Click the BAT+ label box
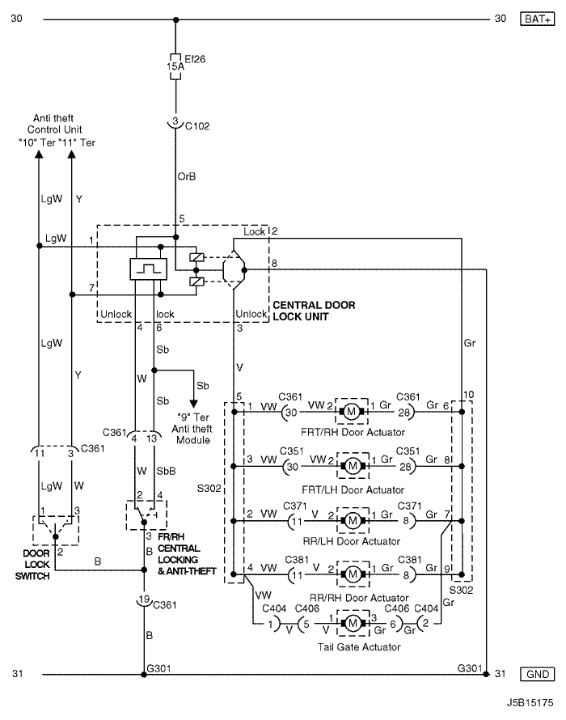tap(537, 19)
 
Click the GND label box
tap(537, 674)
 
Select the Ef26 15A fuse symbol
tap(175, 66)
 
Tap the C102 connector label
tap(197, 126)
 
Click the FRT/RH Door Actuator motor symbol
tap(351, 412)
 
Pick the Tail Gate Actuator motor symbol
tap(353, 623)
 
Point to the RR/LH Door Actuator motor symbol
tap(353, 521)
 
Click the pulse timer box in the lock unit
tap(148, 269)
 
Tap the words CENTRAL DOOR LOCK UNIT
tap(314, 311)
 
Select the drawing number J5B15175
tap(530, 703)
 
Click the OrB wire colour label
tap(187, 176)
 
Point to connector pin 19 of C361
tap(144, 599)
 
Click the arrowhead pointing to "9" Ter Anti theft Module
tap(194, 403)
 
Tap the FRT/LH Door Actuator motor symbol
tap(353, 466)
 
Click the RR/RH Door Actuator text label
tap(360, 598)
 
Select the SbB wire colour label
tap(167, 471)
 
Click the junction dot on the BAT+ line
tap(175, 19)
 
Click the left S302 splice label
tap(209, 488)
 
